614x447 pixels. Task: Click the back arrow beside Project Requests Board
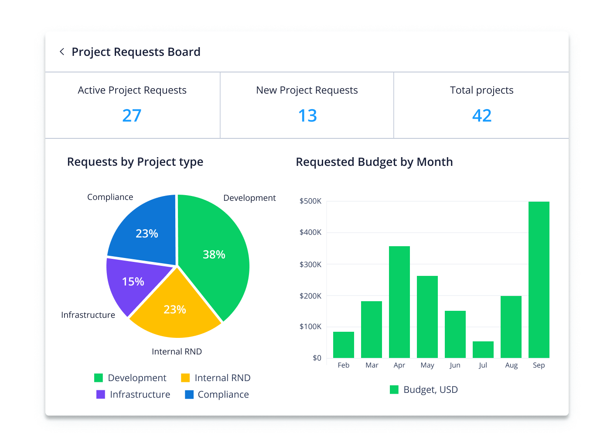click(62, 52)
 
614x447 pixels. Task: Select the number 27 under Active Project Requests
click(132, 116)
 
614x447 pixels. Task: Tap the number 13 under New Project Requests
click(307, 116)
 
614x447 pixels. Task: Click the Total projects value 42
click(481, 116)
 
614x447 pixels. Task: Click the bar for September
click(539, 279)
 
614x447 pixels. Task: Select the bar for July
click(483, 350)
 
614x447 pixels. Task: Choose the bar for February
click(343, 345)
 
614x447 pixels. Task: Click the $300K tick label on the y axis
click(310, 265)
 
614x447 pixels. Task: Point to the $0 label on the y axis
click(317, 358)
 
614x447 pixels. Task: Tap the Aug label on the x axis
click(511, 365)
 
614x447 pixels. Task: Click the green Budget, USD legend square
click(394, 390)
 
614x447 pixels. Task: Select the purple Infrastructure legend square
click(101, 395)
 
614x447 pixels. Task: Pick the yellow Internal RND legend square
click(185, 378)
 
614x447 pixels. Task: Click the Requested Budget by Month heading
click(374, 162)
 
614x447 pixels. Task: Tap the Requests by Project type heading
click(135, 162)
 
